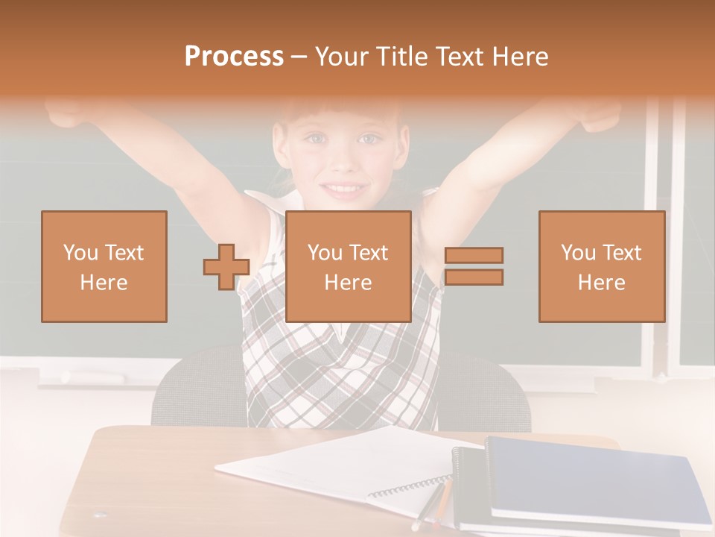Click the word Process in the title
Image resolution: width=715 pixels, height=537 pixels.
coord(234,57)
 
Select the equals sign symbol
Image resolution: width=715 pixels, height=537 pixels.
coord(474,266)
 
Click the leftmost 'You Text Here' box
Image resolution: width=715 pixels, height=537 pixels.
coord(104,266)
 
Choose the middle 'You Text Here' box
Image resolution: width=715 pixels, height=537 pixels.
coord(348,266)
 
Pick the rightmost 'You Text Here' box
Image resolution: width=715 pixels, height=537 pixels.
coord(601,266)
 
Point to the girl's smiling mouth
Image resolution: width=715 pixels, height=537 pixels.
coord(344,187)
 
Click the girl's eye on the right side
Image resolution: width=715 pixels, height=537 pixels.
coord(369,139)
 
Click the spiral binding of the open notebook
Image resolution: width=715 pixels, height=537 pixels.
coord(410,489)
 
